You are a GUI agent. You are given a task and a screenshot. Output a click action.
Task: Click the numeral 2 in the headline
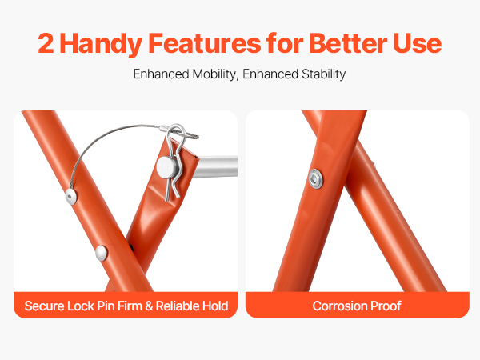click(46, 43)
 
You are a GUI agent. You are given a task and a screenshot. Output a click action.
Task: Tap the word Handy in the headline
click(101, 44)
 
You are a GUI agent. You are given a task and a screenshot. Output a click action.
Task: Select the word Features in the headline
click(205, 43)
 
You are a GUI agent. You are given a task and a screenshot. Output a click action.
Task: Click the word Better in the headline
click(348, 43)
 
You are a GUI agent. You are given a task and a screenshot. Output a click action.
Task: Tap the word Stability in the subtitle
click(323, 74)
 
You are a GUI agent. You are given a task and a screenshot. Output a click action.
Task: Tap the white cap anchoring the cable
click(71, 196)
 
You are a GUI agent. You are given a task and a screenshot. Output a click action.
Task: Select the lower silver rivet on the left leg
click(101, 253)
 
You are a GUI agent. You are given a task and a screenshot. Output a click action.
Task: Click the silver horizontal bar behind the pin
click(217, 166)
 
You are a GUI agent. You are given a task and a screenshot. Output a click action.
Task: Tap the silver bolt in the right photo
click(316, 178)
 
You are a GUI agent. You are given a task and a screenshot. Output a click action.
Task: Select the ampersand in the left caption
click(149, 306)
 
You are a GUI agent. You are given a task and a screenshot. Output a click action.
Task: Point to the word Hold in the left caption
click(217, 306)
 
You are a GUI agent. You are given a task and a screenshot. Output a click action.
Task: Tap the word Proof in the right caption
click(386, 306)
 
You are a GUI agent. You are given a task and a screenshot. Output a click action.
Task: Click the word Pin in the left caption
click(106, 306)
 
